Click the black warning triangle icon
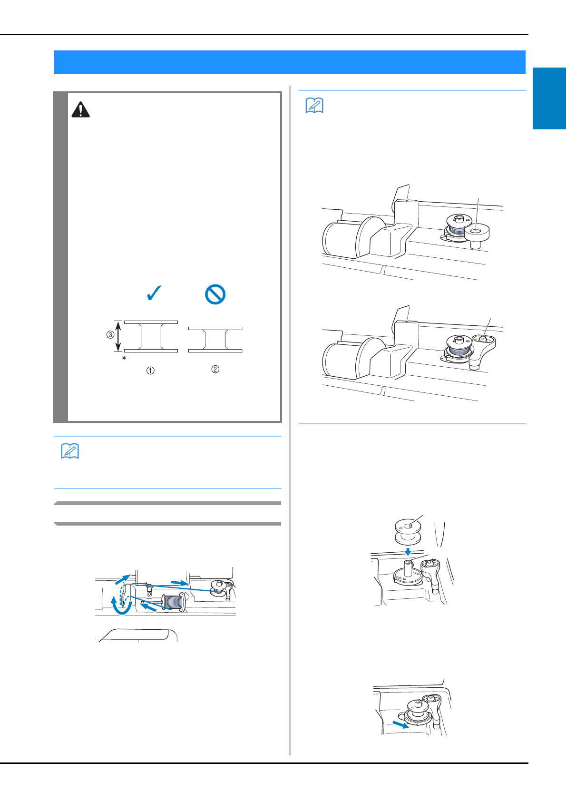[x=80, y=109]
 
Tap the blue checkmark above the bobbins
[x=154, y=293]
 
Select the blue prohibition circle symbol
[x=215, y=294]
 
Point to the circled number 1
[x=150, y=371]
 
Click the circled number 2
[x=215, y=369]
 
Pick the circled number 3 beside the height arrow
[x=110, y=335]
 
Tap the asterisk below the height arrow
[x=124, y=358]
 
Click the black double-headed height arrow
[x=118, y=336]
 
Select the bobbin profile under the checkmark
[x=151, y=336]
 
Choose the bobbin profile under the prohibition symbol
[x=215, y=339]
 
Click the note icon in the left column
[x=70, y=451]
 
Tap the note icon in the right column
[x=315, y=106]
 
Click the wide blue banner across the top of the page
[x=290, y=62]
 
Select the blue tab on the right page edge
[x=549, y=98]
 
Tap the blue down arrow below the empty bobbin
[x=408, y=552]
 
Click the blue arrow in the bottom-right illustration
[x=401, y=724]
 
